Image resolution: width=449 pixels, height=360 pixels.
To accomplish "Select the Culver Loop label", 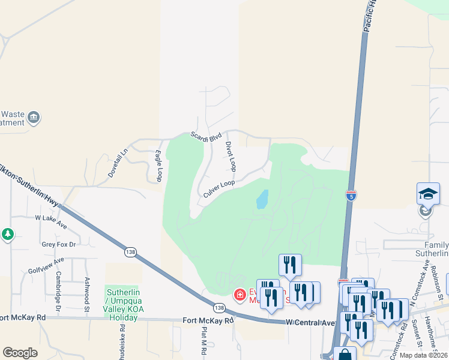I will tap(218, 188).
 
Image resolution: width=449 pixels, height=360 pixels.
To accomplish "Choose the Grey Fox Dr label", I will tap(59, 244).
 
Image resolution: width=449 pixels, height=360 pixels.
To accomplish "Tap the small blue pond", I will tap(262, 199).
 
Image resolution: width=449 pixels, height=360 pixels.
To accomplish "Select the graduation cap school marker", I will tap(428, 194).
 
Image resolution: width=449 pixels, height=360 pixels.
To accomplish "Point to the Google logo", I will tap(20, 353).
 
